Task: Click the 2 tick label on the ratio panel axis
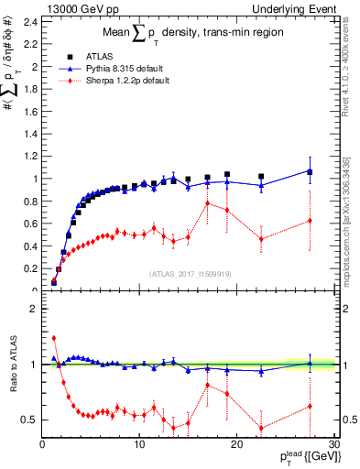pos(34,309)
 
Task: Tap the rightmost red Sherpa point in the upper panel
pos(310,220)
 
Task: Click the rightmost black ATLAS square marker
pos(310,172)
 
